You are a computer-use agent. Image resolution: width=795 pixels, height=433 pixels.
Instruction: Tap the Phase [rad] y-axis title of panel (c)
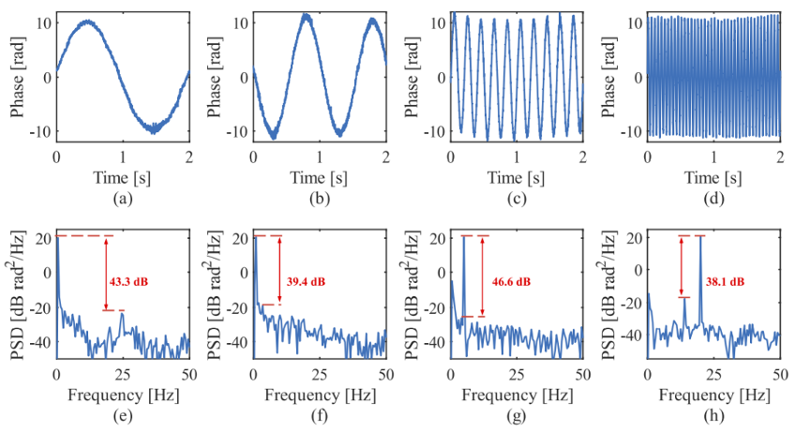pos(412,75)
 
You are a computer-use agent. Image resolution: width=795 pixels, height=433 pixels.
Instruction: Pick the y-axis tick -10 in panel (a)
pos(40,130)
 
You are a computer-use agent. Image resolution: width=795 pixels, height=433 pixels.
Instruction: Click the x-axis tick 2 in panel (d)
pos(779,156)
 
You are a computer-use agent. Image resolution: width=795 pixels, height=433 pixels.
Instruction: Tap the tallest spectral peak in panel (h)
pos(700,238)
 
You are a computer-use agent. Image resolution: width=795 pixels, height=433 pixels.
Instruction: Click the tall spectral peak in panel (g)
pos(463,238)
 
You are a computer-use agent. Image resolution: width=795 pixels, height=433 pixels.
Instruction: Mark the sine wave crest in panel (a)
pos(86,22)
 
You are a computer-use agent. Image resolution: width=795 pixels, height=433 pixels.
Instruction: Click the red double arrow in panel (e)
pos(107,272)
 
